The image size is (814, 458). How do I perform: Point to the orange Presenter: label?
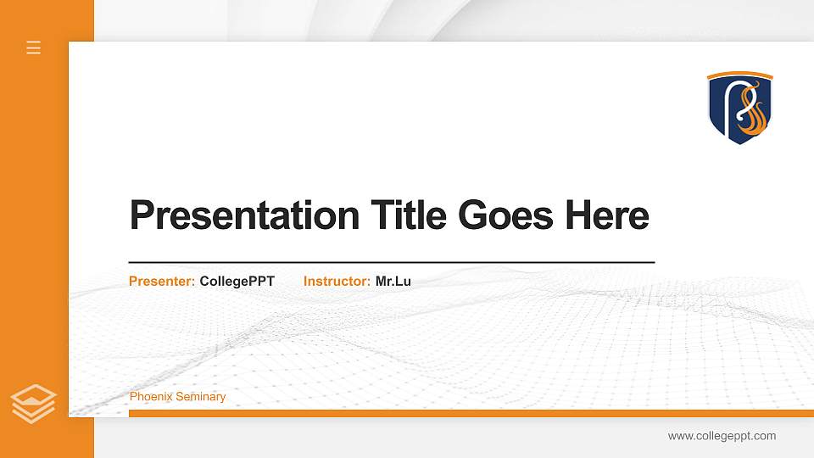(x=162, y=281)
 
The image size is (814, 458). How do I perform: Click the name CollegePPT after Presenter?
(x=237, y=281)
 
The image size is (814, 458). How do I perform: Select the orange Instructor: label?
(x=337, y=281)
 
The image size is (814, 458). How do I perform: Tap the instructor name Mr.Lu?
(x=393, y=281)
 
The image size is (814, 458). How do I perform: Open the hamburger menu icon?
(x=34, y=47)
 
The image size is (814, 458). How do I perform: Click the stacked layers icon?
(x=34, y=403)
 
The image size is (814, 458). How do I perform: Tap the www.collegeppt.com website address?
(x=722, y=436)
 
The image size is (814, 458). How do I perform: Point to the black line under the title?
(x=391, y=263)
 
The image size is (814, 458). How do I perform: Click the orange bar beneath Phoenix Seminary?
(x=466, y=413)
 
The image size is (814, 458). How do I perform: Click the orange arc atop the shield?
(x=740, y=75)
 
